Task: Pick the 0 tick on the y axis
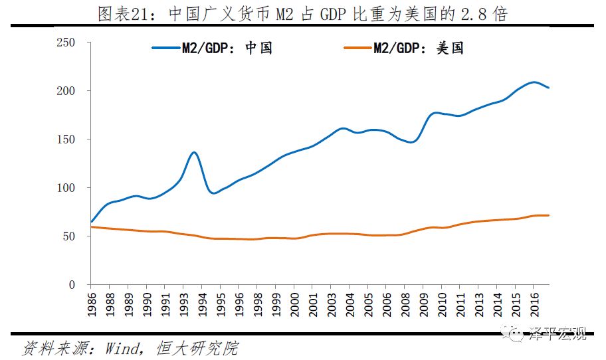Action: point(78,285)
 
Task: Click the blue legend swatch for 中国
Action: point(166,48)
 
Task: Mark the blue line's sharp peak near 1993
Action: point(193,152)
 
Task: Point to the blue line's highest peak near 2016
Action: point(534,82)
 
